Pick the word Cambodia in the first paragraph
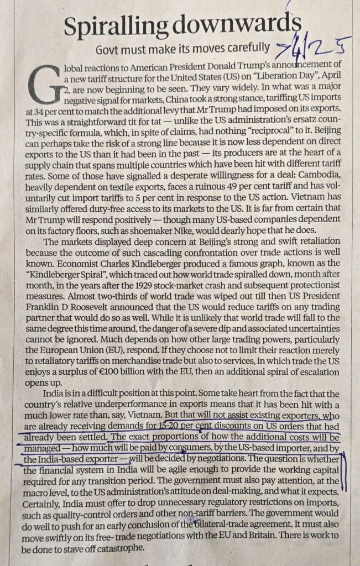[x=307, y=174]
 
